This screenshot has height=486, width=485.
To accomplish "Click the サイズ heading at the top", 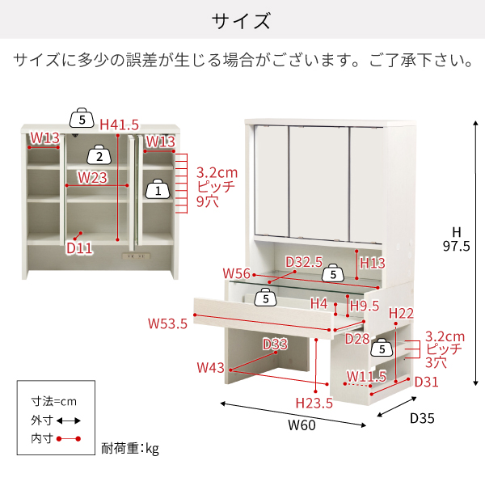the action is [x=241, y=21].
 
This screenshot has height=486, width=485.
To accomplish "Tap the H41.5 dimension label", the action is [x=119, y=125].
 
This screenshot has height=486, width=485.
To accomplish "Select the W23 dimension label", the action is [x=92, y=178].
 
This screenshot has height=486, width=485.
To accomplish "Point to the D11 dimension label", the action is [x=80, y=248].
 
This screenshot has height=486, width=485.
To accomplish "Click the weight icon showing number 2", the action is [x=99, y=154].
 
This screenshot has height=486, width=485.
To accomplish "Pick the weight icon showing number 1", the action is [x=158, y=188].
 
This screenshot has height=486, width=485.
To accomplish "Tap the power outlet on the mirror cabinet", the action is [x=136, y=256].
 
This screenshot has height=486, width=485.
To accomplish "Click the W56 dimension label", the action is [x=237, y=273].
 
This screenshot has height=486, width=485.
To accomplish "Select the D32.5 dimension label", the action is [x=304, y=262].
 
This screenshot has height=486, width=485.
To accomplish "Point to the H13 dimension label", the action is [x=372, y=263].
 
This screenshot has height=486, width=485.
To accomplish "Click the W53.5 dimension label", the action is [x=167, y=323].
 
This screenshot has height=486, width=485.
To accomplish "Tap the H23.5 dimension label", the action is [x=314, y=403].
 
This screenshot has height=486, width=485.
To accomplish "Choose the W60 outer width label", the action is [x=302, y=425].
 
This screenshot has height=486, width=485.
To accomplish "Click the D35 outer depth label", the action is [x=422, y=418].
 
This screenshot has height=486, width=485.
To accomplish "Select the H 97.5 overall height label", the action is [x=457, y=239].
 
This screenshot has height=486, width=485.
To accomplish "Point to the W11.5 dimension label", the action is [x=366, y=376].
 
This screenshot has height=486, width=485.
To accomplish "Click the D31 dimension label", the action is [x=427, y=382].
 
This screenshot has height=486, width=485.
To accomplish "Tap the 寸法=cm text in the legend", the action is [x=53, y=401].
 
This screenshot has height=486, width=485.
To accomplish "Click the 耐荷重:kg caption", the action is [x=130, y=449].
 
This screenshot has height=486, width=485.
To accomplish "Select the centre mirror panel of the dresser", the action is [x=319, y=184].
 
